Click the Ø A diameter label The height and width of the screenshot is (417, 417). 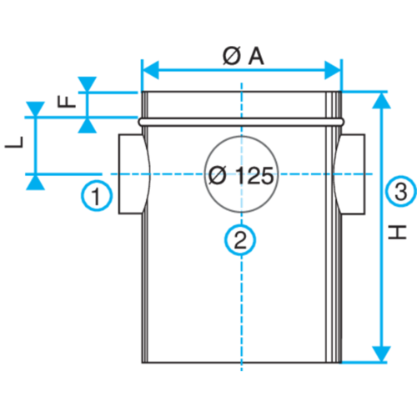pos(244,57)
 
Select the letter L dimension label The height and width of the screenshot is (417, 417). pos(14,143)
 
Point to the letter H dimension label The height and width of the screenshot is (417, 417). pos(398,232)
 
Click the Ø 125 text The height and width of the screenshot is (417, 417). pos(241,176)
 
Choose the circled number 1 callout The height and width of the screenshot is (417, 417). pos(97,195)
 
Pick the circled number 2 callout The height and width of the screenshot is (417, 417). pos(240,239)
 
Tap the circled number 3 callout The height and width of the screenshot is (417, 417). pos(401,191)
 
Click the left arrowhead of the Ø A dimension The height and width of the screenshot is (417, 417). pos(150,70)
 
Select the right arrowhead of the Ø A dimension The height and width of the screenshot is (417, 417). pos(333,70)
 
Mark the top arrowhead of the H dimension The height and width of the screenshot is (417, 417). pos(382,100)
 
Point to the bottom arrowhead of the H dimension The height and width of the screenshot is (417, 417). pos(382,354)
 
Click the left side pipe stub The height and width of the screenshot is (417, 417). pos(133,174)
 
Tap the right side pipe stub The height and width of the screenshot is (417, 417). pos(349,174)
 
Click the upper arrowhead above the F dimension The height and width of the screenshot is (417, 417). pos(88,83)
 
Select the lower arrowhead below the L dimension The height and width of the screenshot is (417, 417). pos(35,183)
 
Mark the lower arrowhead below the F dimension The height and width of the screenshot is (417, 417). pos(88,126)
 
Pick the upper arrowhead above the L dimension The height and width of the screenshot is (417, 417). pos(35,109)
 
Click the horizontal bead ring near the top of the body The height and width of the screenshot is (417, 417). pos(241,122)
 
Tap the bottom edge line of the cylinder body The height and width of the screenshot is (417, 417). pos(241,363)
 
